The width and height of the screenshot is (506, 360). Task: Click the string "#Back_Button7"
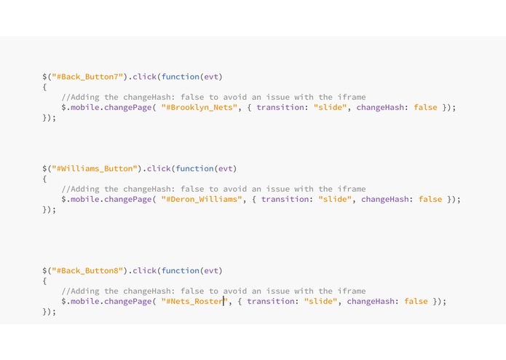(x=87, y=77)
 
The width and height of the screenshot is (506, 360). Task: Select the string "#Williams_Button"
(x=95, y=168)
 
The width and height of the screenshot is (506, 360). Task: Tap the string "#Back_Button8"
(x=87, y=270)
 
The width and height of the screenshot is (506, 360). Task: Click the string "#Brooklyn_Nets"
(x=199, y=108)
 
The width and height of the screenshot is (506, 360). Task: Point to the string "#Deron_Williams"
(x=202, y=199)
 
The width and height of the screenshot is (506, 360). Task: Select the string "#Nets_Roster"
(x=194, y=301)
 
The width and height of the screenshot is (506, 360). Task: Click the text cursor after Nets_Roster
(x=224, y=301)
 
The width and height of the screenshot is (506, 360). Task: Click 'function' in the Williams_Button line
(x=195, y=168)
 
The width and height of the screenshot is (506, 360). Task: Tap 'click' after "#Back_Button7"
(x=145, y=77)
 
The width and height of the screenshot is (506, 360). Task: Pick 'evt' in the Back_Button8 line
(x=211, y=270)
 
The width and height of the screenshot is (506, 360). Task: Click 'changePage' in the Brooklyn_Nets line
(x=128, y=108)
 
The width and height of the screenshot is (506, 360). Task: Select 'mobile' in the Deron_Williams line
(x=85, y=199)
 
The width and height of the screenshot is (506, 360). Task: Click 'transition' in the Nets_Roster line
(x=271, y=301)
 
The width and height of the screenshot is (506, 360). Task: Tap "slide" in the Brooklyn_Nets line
(x=330, y=108)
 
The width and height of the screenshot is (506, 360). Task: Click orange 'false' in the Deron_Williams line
(x=430, y=199)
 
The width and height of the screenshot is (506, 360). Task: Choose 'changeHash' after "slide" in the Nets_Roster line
(x=371, y=301)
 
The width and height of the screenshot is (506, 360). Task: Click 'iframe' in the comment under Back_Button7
(x=352, y=97)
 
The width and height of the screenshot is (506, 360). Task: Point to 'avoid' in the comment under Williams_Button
(x=235, y=189)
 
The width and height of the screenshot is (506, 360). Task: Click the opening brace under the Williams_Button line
(x=44, y=179)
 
